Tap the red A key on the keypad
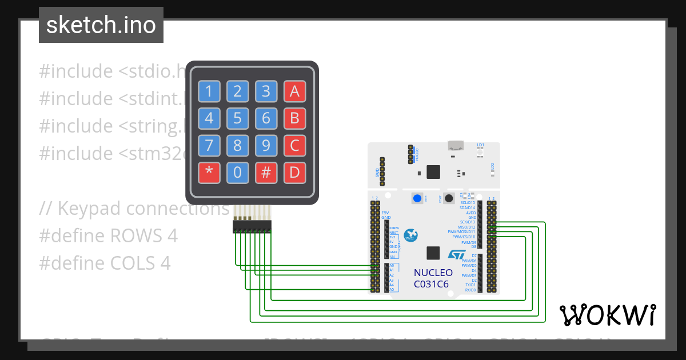(294, 91)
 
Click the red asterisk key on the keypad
(209, 173)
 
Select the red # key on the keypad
(266, 173)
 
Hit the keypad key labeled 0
(237, 173)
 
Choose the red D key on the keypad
(294, 173)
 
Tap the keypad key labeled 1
(209, 91)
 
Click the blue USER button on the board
(418, 198)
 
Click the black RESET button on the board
(449, 198)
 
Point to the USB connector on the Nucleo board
(456, 147)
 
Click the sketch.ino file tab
(101, 25)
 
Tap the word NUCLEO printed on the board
(433, 272)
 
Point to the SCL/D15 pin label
(468, 202)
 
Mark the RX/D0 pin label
(470, 290)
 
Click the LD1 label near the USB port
(481, 145)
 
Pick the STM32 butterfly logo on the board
(410, 234)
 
